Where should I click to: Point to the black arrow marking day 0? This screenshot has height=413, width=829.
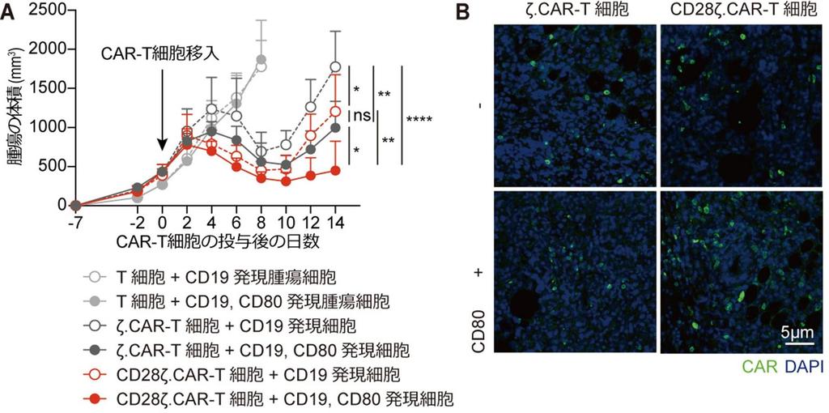coord(163,109)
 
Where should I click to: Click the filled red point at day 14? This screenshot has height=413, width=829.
coord(336,171)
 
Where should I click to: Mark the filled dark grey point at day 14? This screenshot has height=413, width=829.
coord(336,127)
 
